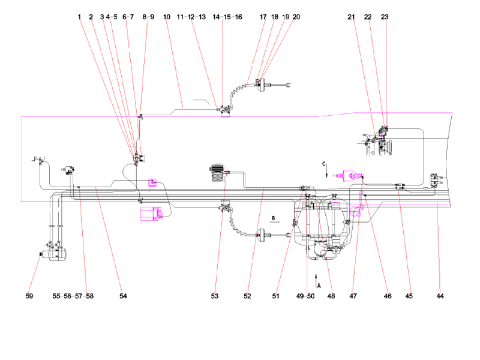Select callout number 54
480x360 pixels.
click(123, 296)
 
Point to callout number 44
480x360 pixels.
click(440, 296)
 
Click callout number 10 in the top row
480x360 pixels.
click(167, 17)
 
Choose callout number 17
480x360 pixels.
click(263, 17)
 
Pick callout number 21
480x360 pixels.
click(351, 17)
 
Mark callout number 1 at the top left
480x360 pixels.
click(79, 17)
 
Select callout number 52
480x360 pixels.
click(247, 296)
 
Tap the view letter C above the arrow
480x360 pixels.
click(324, 163)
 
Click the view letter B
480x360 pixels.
click(274, 219)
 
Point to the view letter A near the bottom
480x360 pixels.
click(319, 286)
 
